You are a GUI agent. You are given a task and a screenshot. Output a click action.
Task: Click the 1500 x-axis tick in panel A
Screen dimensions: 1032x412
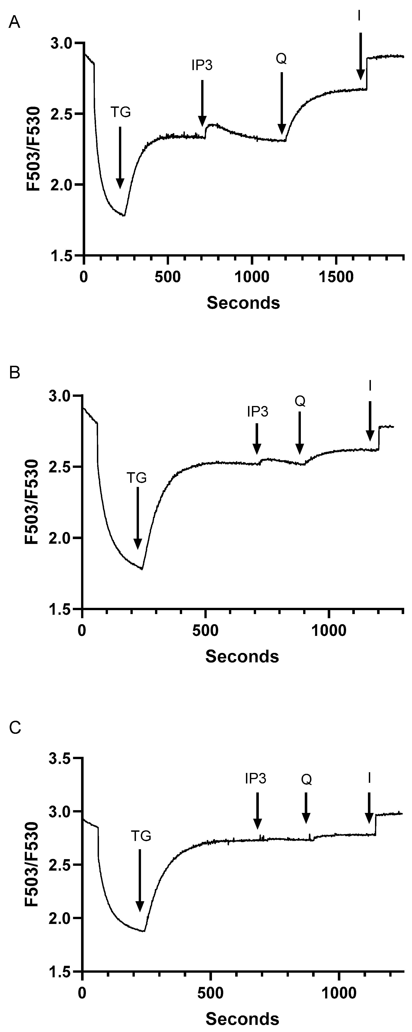pyautogui.click(x=336, y=277)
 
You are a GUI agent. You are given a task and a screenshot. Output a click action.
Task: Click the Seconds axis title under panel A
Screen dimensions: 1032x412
pyautogui.click(x=243, y=303)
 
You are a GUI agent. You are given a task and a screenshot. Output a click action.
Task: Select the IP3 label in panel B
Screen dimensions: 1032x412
pyautogui.click(x=257, y=412)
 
